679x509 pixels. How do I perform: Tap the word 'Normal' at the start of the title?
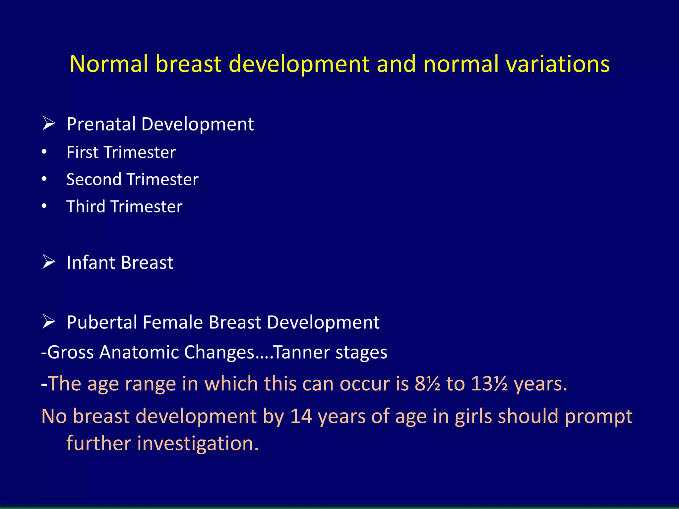tap(108, 64)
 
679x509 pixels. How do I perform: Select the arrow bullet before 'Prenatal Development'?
tap(49, 123)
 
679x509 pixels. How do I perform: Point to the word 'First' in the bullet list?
tap(83, 152)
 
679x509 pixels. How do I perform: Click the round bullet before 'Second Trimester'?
tap(44, 179)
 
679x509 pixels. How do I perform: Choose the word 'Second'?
tap(94, 180)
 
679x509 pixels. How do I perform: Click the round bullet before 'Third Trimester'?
tap(44, 206)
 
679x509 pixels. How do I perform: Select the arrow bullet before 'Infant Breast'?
tap(49, 262)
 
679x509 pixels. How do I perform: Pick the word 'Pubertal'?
tap(101, 322)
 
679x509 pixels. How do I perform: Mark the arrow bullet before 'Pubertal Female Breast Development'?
tap(49, 321)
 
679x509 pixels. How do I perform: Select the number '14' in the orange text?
tap(301, 416)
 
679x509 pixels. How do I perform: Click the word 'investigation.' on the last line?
tap(198, 444)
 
